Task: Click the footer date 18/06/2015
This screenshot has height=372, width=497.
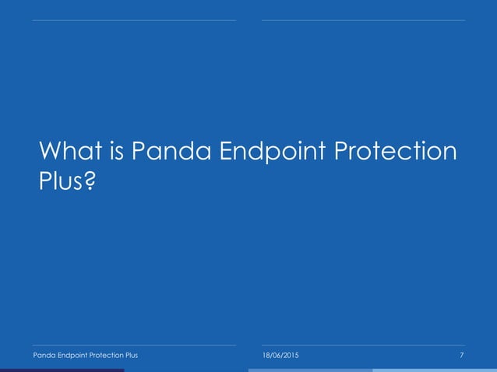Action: [x=279, y=356]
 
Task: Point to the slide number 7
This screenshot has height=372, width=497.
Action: [x=462, y=356]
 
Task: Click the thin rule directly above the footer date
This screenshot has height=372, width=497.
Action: [x=363, y=346]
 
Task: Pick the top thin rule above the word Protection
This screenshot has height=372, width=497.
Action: [x=363, y=20]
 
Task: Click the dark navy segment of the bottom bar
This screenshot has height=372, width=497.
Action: [x=62, y=370]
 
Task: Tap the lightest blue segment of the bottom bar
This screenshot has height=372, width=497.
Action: [x=435, y=370]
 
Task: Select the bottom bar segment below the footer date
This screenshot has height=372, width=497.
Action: [x=310, y=370]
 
